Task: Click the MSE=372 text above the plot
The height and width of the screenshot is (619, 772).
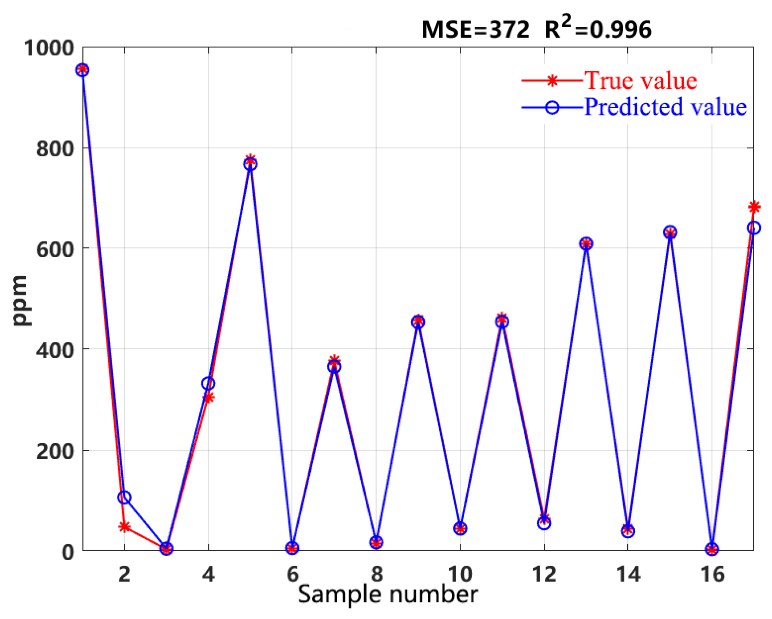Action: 475,30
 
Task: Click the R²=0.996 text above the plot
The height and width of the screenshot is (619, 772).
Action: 598,28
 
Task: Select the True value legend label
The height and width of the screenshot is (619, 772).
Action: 640,80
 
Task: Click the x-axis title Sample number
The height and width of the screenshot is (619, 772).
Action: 387,594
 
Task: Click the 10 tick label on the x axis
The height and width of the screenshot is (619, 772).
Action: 460,574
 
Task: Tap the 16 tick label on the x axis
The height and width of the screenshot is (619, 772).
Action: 712,574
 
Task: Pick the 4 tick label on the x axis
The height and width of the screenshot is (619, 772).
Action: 208,574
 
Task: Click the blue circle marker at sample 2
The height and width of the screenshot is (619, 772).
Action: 124,497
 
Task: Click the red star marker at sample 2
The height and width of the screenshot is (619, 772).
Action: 124,527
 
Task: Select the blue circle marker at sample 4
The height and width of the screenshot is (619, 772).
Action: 208,383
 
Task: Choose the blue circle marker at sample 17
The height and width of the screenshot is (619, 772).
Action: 754,228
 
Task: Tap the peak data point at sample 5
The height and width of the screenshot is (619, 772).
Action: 250,164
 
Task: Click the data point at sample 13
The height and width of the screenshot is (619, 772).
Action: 586,243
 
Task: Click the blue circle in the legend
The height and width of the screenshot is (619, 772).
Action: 552,107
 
